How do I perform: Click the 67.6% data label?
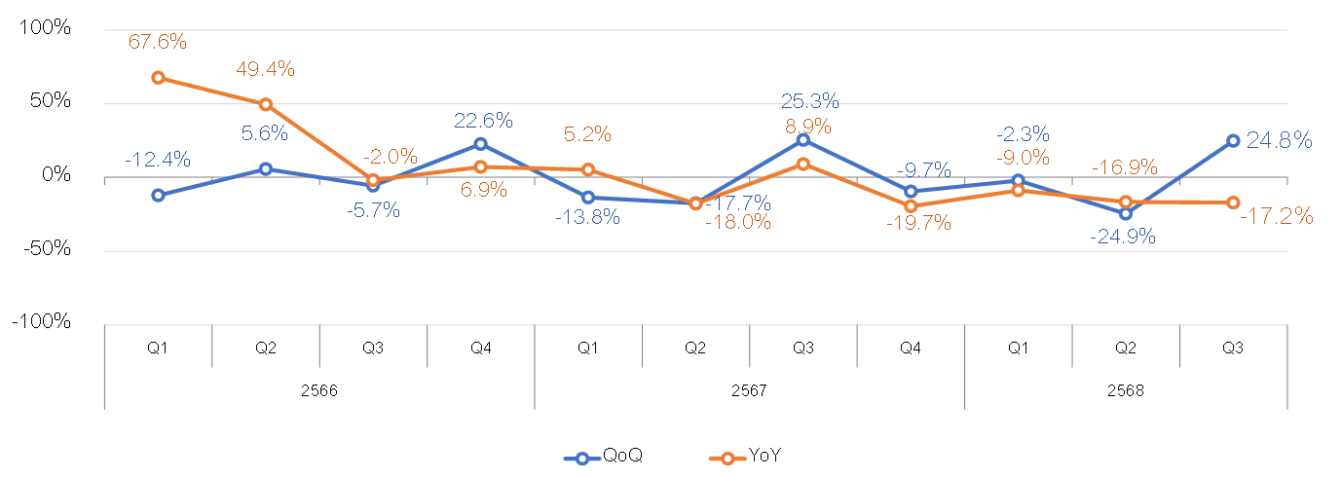(158, 41)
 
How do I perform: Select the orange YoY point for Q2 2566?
(266, 104)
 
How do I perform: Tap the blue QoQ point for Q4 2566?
(480, 144)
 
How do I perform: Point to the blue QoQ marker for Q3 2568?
(1233, 140)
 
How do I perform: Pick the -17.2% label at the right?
(1276, 215)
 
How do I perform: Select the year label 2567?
(749, 390)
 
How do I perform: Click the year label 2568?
(1126, 390)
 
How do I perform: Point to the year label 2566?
(319, 390)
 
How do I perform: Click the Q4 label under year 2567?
(911, 348)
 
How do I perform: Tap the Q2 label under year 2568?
(1126, 348)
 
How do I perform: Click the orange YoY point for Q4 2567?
(911, 206)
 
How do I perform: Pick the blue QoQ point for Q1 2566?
(158, 195)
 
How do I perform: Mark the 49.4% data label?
(265, 69)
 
